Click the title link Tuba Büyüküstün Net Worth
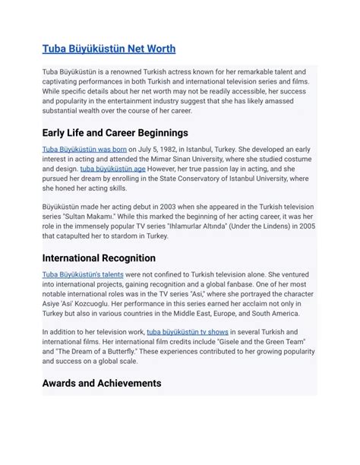tap(109, 49)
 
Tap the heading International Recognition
tap(99, 258)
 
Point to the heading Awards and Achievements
tap(101, 382)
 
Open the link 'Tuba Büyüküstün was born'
tap(84, 149)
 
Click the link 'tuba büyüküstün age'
tap(113, 169)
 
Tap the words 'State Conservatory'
tap(192, 179)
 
